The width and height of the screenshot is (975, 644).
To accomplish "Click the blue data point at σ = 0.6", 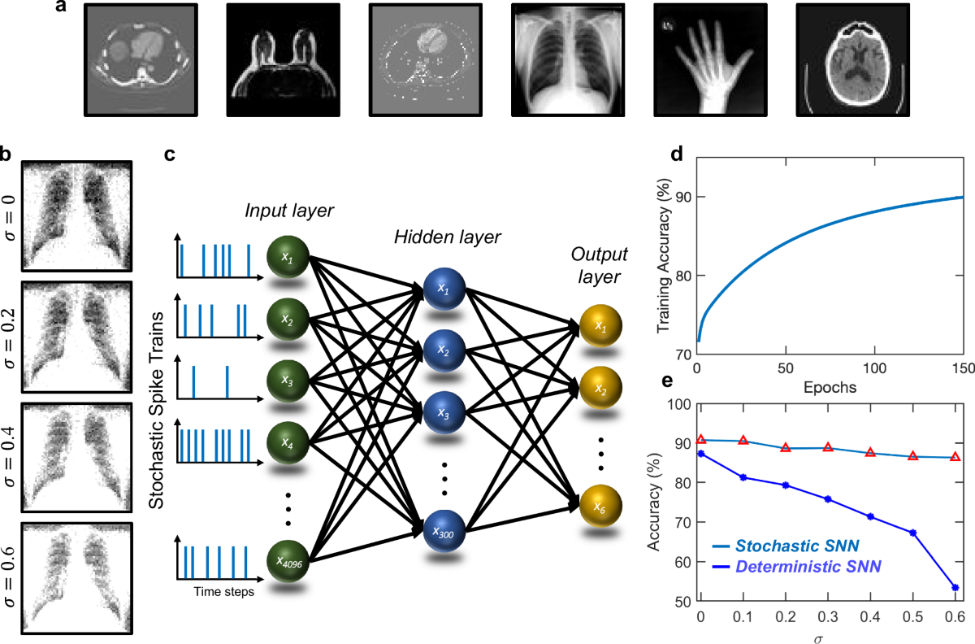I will point(955,587).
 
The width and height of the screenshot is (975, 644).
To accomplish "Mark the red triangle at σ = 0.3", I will point(827,447).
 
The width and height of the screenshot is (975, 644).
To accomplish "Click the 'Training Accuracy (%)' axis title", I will point(662,259).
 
